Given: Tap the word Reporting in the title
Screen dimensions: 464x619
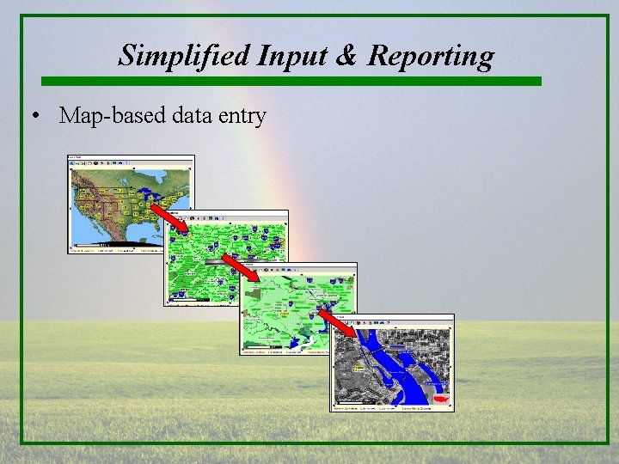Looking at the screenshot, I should pyautogui.click(x=431, y=55).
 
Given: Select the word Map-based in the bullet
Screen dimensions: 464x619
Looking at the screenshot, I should pyautogui.click(x=109, y=116).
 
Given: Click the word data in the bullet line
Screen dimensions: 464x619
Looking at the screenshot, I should pyautogui.click(x=189, y=116).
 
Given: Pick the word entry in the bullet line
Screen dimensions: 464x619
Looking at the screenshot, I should pyautogui.click(x=242, y=116).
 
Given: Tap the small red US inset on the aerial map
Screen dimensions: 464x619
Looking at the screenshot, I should pyautogui.click(x=440, y=399).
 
